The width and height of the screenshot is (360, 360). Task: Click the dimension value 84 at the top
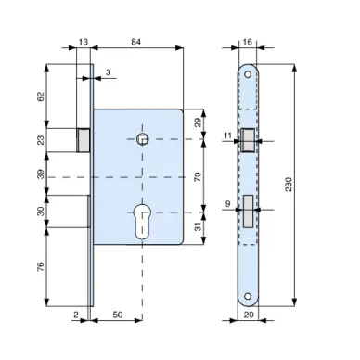point(135,42)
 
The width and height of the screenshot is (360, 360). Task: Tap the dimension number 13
point(83,42)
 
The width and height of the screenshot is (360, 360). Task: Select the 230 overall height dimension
point(289,185)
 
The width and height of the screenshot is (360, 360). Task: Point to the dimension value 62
point(41,96)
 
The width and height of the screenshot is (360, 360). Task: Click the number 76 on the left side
point(41,266)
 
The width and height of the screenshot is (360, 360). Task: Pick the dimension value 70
point(198,176)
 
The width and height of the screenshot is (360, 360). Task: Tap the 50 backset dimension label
point(118,315)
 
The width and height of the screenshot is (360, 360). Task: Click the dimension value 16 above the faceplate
point(248,42)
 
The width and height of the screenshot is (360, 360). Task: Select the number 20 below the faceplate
point(249,315)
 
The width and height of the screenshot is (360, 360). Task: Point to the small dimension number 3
point(109,72)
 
